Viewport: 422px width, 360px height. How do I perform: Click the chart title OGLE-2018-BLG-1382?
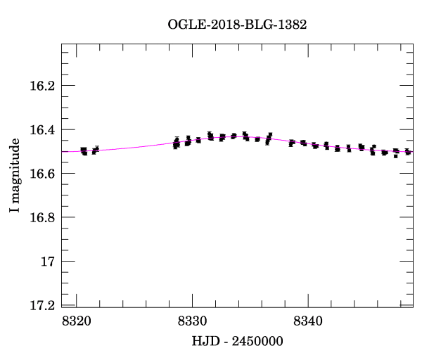click(237, 24)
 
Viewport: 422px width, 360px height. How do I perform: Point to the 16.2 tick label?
click(42, 86)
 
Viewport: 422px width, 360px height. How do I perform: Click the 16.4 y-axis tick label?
click(42, 130)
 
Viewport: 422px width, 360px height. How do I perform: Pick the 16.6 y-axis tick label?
click(42, 174)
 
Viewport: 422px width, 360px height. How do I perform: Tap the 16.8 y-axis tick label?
click(42, 217)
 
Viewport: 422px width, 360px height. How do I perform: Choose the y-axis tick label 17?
click(48, 262)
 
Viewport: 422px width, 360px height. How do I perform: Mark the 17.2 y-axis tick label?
click(42, 305)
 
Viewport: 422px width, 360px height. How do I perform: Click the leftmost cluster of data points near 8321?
click(84, 150)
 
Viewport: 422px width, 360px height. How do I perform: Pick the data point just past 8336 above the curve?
click(269, 135)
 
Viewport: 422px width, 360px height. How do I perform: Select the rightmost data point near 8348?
click(408, 152)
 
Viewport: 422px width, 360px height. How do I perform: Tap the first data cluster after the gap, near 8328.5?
click(176, 143)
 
